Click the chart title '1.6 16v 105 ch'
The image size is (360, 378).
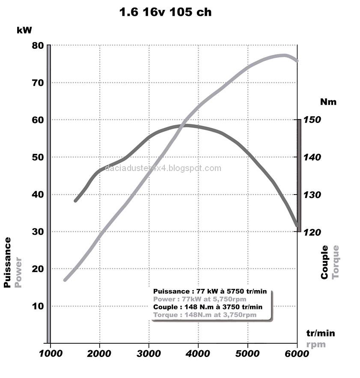pos(165,12)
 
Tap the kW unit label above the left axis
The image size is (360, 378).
pos(24,30)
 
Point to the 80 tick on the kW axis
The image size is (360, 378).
pos(38,45)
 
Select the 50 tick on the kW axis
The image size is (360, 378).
pos(38,157)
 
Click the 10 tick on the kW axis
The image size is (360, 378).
pos(38,306)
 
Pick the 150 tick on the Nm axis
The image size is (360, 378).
pos(312,120)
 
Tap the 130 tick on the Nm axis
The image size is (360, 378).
pos(312,195)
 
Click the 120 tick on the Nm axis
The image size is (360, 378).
pos(312,232)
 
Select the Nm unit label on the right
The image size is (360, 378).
pos(328,102)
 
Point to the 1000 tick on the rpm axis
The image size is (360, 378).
pos(51,354)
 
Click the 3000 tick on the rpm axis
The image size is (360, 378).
pos(149,354)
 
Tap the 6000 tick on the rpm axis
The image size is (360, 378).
pos(297,354)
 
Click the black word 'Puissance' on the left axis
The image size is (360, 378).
pos(7,262)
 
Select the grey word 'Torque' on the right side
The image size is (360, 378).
pos(336,261)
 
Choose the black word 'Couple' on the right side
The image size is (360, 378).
pos(324,262)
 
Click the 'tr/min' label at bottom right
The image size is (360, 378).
pos(321,333)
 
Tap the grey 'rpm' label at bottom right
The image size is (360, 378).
pos(316,345)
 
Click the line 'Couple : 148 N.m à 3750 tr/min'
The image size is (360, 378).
pos(208,307)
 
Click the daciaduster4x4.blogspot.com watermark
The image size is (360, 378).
pos(163,168)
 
